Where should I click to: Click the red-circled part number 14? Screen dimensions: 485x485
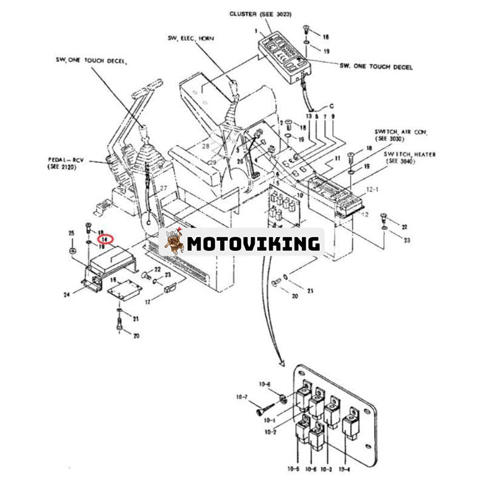pyautogui.click(x=106, y=239)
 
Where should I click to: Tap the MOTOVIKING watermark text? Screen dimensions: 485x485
pyautogui.click(x=253, y=244)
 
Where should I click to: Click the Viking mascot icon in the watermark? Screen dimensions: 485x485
pyautogui.click(x=174, y=242)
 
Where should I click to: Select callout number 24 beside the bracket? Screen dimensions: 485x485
pyautogui.click(x=75, y=295)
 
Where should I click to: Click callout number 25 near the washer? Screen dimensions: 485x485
pyautogui.click(x=71, y=233)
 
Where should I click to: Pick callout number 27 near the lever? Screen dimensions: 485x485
pyautogui.click(x=163, y=188)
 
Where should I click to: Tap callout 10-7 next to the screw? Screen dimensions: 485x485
pyautogui.click(x=242, y=396)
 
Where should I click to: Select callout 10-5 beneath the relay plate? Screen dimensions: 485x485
pyautogui.click(x=293, y=469)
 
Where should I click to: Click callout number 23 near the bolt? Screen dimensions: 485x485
pyautogui.click(x=406, y=240)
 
